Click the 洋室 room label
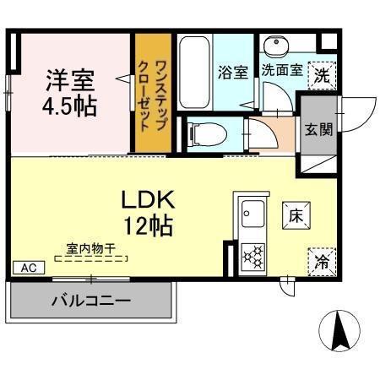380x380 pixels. click(70, 80)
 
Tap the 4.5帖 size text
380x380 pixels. click(70, 106)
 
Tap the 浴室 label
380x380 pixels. click(233, 72)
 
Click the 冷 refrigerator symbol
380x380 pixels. click(322, 262)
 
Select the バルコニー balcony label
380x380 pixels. click(90, 300)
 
